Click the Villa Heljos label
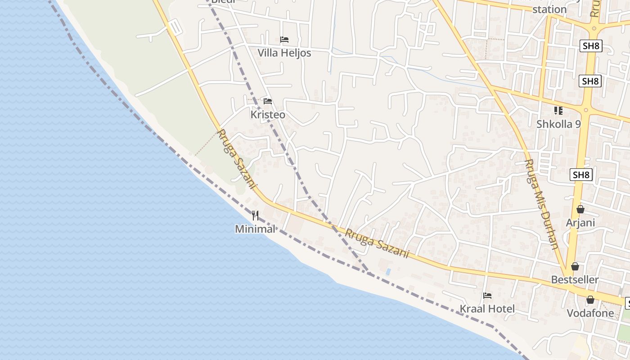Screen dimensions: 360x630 [284, 53]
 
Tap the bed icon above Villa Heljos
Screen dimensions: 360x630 [284, 40]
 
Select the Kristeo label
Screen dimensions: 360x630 [268, 115]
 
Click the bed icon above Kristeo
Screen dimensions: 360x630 [268, 101]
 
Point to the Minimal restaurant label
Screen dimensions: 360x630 [255, 229]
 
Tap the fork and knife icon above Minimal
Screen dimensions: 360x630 [255, 215]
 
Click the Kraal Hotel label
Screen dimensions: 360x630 [487, 309]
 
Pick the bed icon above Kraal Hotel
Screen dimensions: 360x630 [487, 296]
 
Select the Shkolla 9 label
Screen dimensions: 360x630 [558, 124]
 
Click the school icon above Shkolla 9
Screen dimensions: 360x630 [558, 110]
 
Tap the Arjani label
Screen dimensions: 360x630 [580, 223]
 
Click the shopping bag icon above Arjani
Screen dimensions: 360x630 [580, 209]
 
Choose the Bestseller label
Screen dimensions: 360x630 [575, 279]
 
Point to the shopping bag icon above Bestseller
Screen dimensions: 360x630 [575, 266]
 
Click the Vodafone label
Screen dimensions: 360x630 [590, 313]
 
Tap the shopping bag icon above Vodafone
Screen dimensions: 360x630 [590, 300]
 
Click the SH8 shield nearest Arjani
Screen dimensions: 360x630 [580, 175]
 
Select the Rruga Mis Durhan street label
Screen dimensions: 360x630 [542, 204]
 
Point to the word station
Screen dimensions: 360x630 [549, 9]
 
